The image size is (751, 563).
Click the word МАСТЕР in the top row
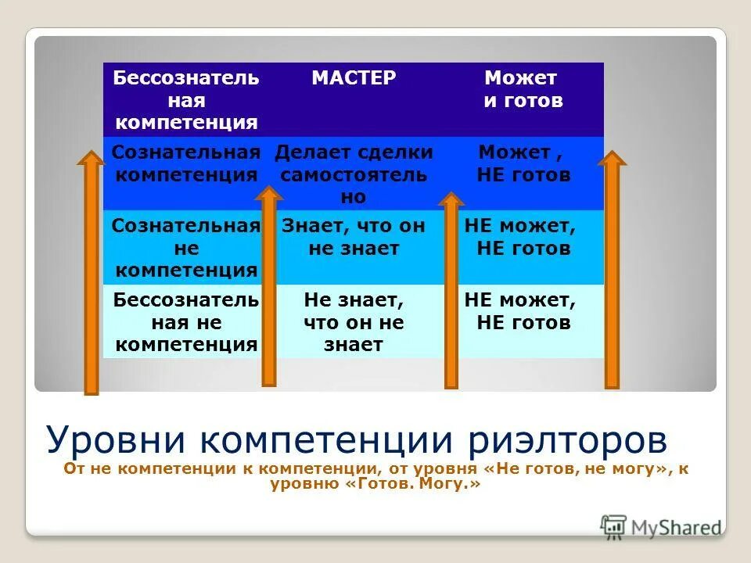point(354,78)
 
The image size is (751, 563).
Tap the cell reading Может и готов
point(523,89)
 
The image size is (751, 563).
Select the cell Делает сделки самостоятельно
point(354,174)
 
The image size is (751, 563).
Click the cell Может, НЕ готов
point(523,163)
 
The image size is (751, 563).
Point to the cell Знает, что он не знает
point(354,238)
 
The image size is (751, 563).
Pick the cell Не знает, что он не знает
point(354,321)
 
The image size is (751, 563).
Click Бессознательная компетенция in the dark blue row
point(186,100)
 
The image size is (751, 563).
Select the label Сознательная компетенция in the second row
point(186,163)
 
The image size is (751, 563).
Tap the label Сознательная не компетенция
point(186,249)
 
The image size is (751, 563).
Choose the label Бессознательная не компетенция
point(186,321)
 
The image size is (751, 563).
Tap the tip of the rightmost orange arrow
point(612,158)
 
